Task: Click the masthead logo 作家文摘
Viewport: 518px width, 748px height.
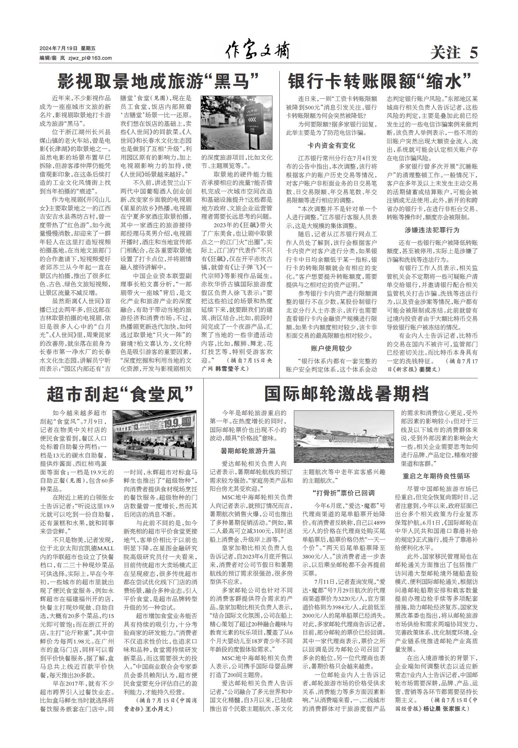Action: point(257,52)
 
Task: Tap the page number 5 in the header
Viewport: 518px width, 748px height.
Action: point(473,53)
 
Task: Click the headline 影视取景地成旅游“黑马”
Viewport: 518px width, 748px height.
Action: point(159,81)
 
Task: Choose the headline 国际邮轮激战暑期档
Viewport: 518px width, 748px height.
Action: point(346,394)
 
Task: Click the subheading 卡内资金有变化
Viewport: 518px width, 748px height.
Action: point(332,145)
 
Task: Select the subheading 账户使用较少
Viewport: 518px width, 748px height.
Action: point(332,348)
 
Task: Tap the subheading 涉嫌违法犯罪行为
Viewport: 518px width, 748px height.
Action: point(432,230)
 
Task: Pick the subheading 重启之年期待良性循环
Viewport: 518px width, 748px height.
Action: point(437,476)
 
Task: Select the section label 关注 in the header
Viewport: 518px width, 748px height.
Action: point(445,53)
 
